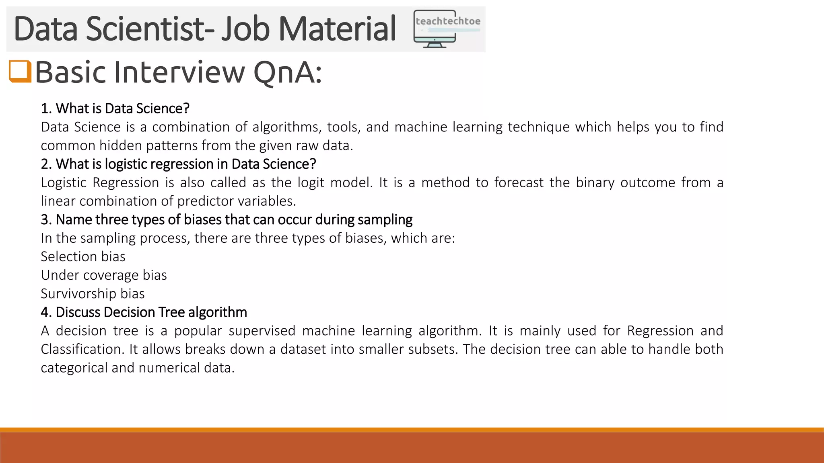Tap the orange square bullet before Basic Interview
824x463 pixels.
coord(20,72)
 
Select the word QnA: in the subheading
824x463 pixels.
coord(288,72)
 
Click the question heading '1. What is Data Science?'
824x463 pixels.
coord(115,109)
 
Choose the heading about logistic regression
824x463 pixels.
coord(178,164)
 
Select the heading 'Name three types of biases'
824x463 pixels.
coord(227,219)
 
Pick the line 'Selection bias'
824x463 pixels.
coord(83,256)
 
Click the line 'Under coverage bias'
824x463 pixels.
coord(104,275)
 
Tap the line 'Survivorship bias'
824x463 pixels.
coord(93,293)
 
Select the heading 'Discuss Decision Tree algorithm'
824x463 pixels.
coord(144,312)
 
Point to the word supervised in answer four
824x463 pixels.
coord(262,331)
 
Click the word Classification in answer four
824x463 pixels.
coord(82,349)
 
